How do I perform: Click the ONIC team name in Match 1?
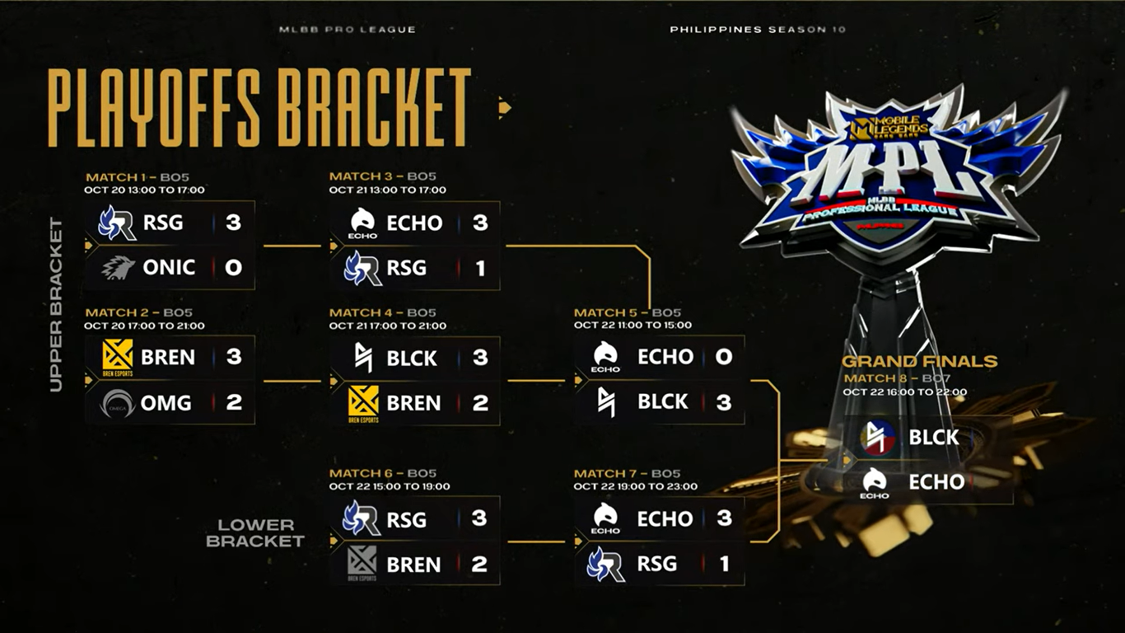(169, 268)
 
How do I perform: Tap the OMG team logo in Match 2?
(117, 403)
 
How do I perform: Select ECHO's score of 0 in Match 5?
(723, 357)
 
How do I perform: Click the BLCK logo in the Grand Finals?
(878, 437)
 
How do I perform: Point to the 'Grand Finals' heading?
(919, 361)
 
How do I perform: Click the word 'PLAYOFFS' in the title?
(154, 107)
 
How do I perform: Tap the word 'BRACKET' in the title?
(373, 107)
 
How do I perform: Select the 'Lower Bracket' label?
(255, 532)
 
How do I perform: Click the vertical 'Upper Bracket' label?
(56, 304)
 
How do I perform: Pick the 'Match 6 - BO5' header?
(382, 473)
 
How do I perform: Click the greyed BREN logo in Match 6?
(362, 563)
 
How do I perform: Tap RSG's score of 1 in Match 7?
(724, 564)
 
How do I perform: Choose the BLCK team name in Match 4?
(412, 359)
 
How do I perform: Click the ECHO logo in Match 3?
(362, 223)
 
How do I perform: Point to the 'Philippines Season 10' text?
(757, 30)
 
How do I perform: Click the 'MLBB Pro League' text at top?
(347, 30)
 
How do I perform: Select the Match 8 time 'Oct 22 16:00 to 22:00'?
(904, 392)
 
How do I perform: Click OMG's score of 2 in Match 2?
(233, 403)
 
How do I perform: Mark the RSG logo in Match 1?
(117, 223)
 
